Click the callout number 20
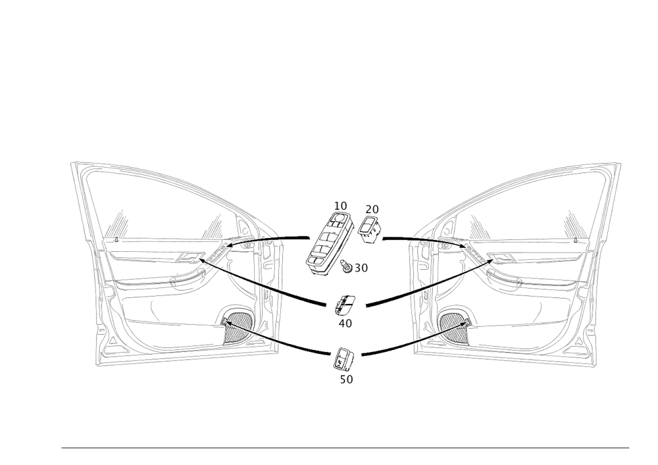[x=372, y=209]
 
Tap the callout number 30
[x=360, y=268]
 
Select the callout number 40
[x=344, y=322]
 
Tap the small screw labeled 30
[x=347, y=263]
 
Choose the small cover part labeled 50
[x=343, y=358]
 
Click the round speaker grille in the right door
[x=453, y=324]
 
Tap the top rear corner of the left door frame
[x=74, y=164]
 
